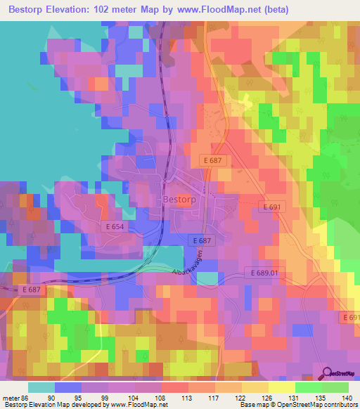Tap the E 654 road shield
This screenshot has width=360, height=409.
[x=115, y=227]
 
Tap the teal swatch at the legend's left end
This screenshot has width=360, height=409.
[x=41, y=387]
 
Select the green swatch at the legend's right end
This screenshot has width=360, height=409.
[x=335, y=387]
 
